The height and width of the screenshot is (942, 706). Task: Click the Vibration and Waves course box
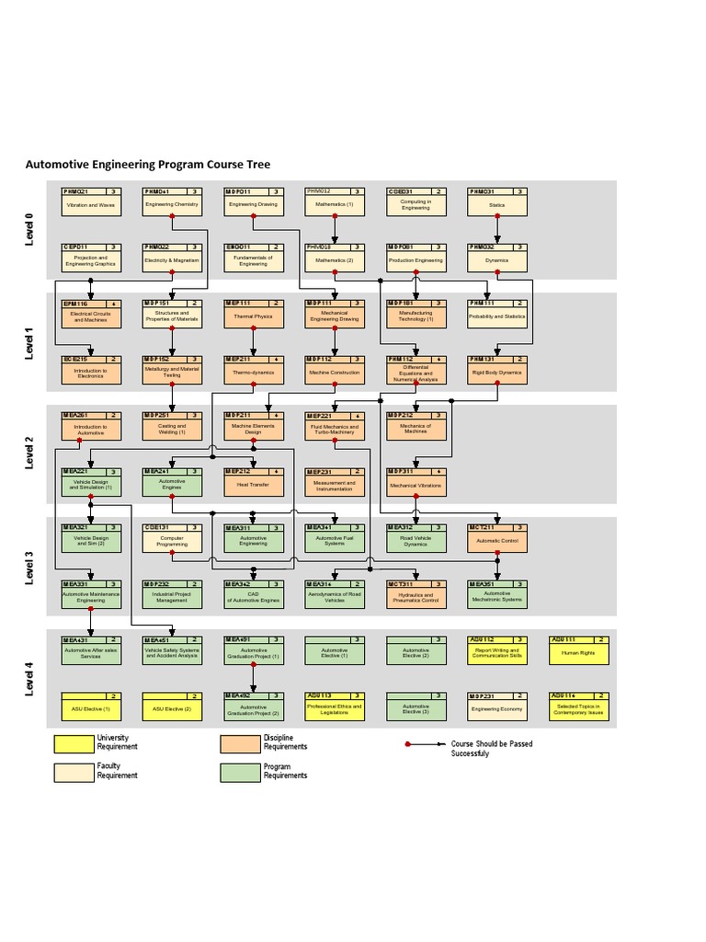click(90, 202)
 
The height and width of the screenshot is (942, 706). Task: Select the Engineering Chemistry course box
click(172, 202)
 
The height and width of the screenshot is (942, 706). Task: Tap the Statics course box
click(497, 202)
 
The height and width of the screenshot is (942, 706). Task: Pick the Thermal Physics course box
click(253, 314)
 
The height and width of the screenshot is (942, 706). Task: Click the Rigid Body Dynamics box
click(497, 370)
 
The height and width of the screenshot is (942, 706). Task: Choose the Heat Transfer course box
click(253, 482)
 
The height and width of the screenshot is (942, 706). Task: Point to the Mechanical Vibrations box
click(416, 482)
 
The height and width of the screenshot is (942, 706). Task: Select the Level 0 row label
click(29, 230)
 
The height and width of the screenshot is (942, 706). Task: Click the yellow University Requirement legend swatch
click(73, 742)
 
